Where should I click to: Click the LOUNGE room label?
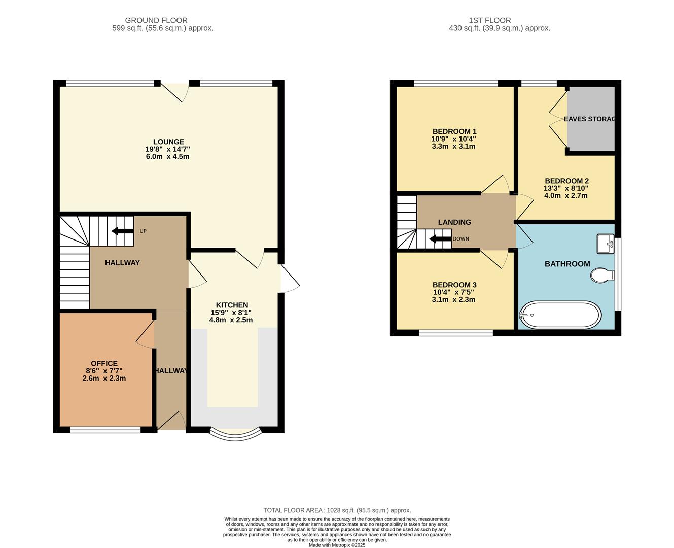point(168,142)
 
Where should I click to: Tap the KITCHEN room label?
point(231,305)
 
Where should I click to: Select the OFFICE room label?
point(104,363)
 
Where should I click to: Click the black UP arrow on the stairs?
point(122,231)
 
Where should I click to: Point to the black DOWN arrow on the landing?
point(440,239)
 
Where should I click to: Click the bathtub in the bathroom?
point(560,315)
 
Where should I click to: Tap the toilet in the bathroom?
point(601,275)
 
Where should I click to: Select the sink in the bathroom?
point(605,243)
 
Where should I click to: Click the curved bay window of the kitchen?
point(235,434)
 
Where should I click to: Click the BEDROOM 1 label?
point(454,131)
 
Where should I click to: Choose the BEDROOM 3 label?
point(454,285)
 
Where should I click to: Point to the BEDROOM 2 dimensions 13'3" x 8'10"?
point(566,188)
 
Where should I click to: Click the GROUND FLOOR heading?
point(156,20)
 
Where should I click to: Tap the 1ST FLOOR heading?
point(489,20)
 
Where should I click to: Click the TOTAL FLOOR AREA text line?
point(337,510)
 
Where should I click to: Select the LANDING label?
point(454,222)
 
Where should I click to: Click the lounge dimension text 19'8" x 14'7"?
point(167,149)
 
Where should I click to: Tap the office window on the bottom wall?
point(105,430)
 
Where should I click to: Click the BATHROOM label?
point(567,264)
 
